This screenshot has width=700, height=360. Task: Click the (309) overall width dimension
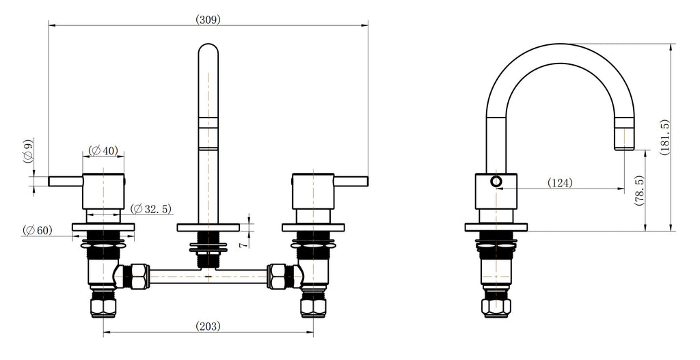(208, 19)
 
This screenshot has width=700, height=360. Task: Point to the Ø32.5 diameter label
(152, 208)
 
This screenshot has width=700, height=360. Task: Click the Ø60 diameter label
(37, 230)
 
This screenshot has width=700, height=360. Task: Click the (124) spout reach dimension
(559, 182)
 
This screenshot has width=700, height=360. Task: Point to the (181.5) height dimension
(664, 137)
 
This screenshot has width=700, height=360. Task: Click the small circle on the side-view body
(496, 181)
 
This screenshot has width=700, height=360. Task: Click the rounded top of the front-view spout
(208, 51)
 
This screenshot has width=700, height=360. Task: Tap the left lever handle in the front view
(66, 180)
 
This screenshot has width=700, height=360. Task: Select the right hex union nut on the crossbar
(279, 276)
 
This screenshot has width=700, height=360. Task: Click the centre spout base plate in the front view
(208, 227)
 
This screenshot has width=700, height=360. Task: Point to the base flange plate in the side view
(496, 227)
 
